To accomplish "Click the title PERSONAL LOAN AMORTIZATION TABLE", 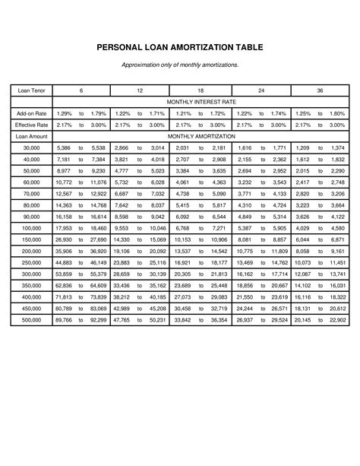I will (180, 47).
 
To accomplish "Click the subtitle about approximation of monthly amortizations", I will (180, 65).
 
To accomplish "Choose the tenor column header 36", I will (321, 90).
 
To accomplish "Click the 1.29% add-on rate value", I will (64, 113).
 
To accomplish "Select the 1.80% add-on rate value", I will (338, 113).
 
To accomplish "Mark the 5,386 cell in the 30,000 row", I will (64, 147).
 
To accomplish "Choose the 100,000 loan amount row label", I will (31, 227).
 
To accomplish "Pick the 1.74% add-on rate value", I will (278, 113).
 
